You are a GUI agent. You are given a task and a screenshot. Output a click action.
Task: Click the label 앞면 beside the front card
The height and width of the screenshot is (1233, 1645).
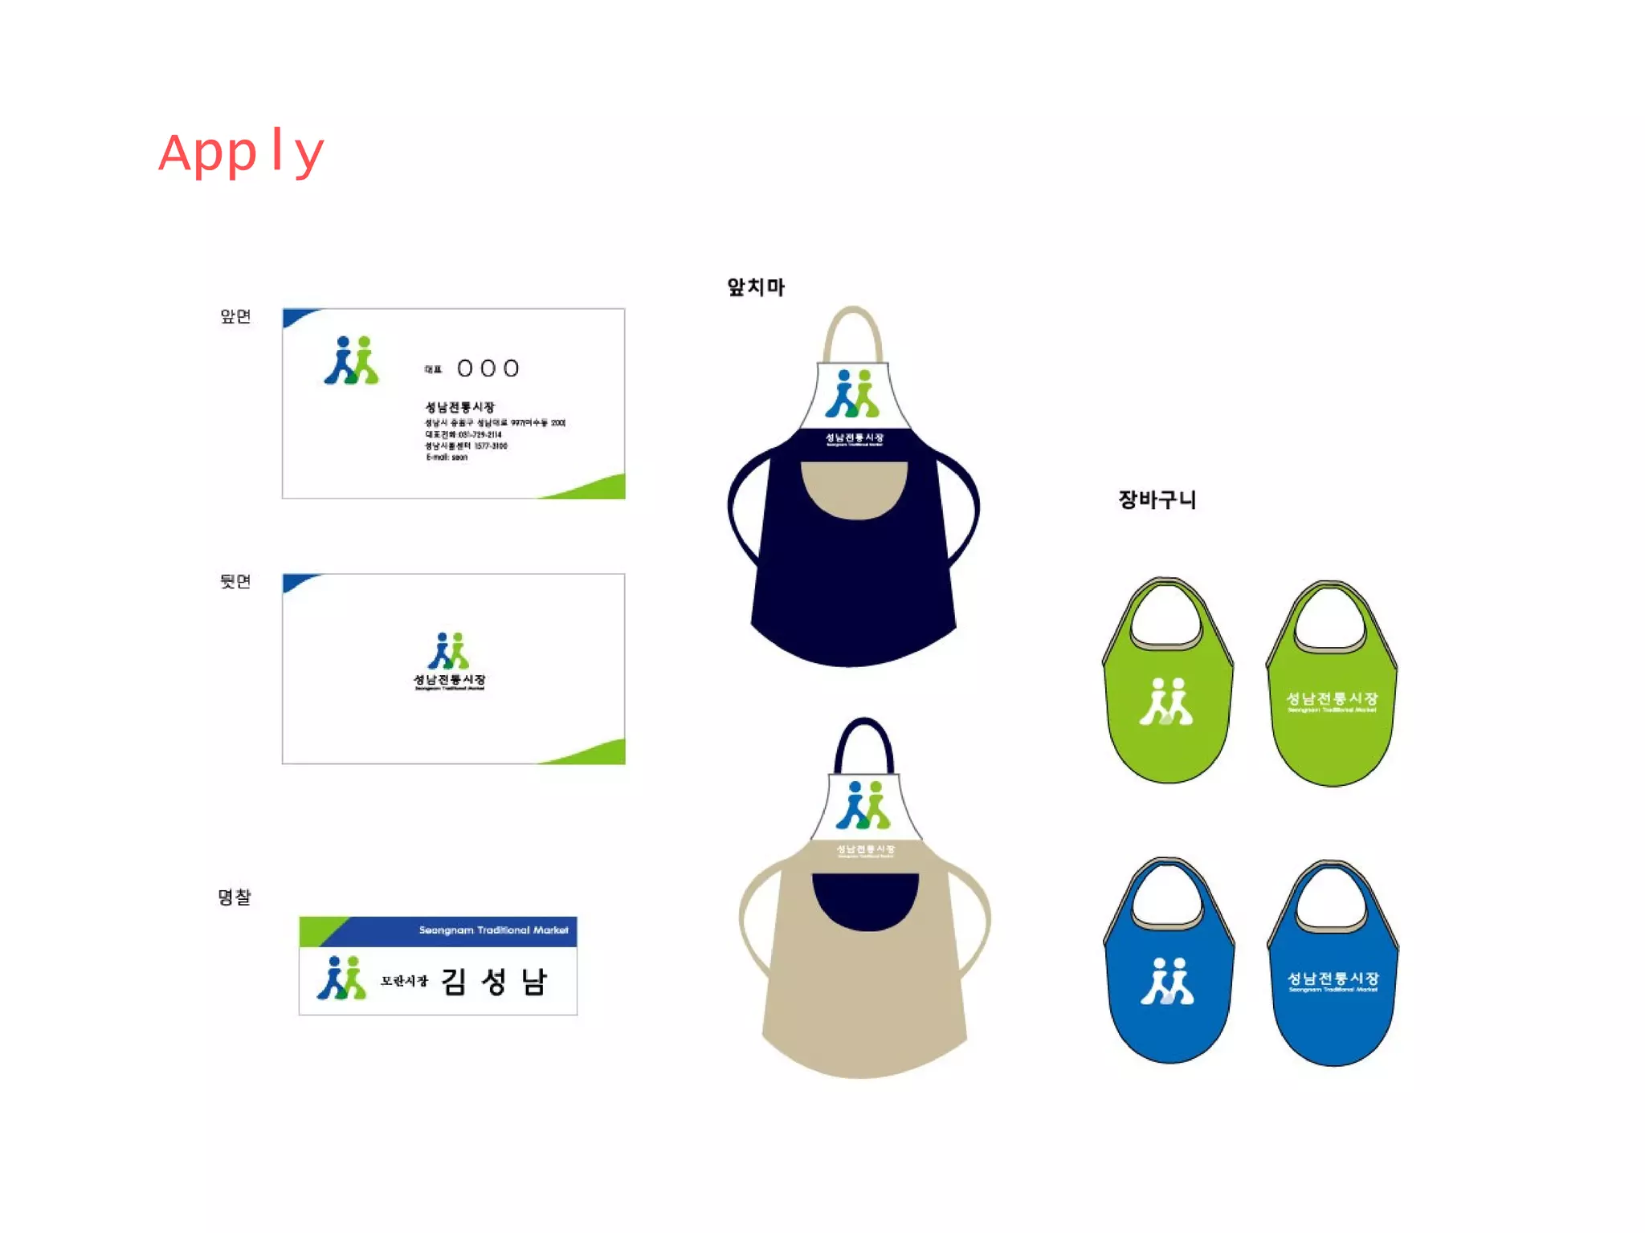(x=235, y=316)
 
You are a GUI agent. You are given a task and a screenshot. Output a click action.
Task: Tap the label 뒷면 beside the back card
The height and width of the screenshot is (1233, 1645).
(x=235, y=581)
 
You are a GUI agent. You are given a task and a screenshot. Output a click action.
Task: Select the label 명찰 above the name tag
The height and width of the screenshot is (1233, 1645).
(x=235, y=897)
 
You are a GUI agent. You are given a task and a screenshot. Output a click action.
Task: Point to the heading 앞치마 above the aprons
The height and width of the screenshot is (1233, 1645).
(x=755, y=287)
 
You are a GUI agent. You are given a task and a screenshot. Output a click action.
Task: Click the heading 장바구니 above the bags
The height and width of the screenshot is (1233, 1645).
(x=1157, y=499)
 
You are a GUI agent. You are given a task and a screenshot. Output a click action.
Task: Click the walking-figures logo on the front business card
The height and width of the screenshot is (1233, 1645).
(x=352, y=360)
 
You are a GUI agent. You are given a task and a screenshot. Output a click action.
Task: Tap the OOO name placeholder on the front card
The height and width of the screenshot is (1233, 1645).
(x=488, y=368)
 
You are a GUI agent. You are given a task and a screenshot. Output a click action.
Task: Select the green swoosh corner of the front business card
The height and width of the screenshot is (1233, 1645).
(x=594, y=488)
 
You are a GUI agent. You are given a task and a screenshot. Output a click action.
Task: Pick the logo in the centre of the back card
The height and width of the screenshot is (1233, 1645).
(x=449, y=652)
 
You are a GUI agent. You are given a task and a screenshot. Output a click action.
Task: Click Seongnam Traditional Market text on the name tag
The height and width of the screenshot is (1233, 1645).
(x=493, y=930)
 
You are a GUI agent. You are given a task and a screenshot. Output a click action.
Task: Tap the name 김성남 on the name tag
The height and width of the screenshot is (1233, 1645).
(x=494, y=982)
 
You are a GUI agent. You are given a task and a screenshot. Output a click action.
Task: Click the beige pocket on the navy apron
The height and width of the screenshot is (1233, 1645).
(x=854, y=486)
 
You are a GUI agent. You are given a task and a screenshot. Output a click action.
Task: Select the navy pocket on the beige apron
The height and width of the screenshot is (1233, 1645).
(x=865, y=899)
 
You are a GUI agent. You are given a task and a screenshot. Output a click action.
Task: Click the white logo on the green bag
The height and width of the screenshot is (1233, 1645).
(x=1166, y=702)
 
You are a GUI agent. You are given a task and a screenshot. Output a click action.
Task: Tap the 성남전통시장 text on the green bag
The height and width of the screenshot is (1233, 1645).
(x=1332, y=699)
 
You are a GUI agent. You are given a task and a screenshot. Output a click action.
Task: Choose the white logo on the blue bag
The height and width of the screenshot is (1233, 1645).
(x=1168, y=981)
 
